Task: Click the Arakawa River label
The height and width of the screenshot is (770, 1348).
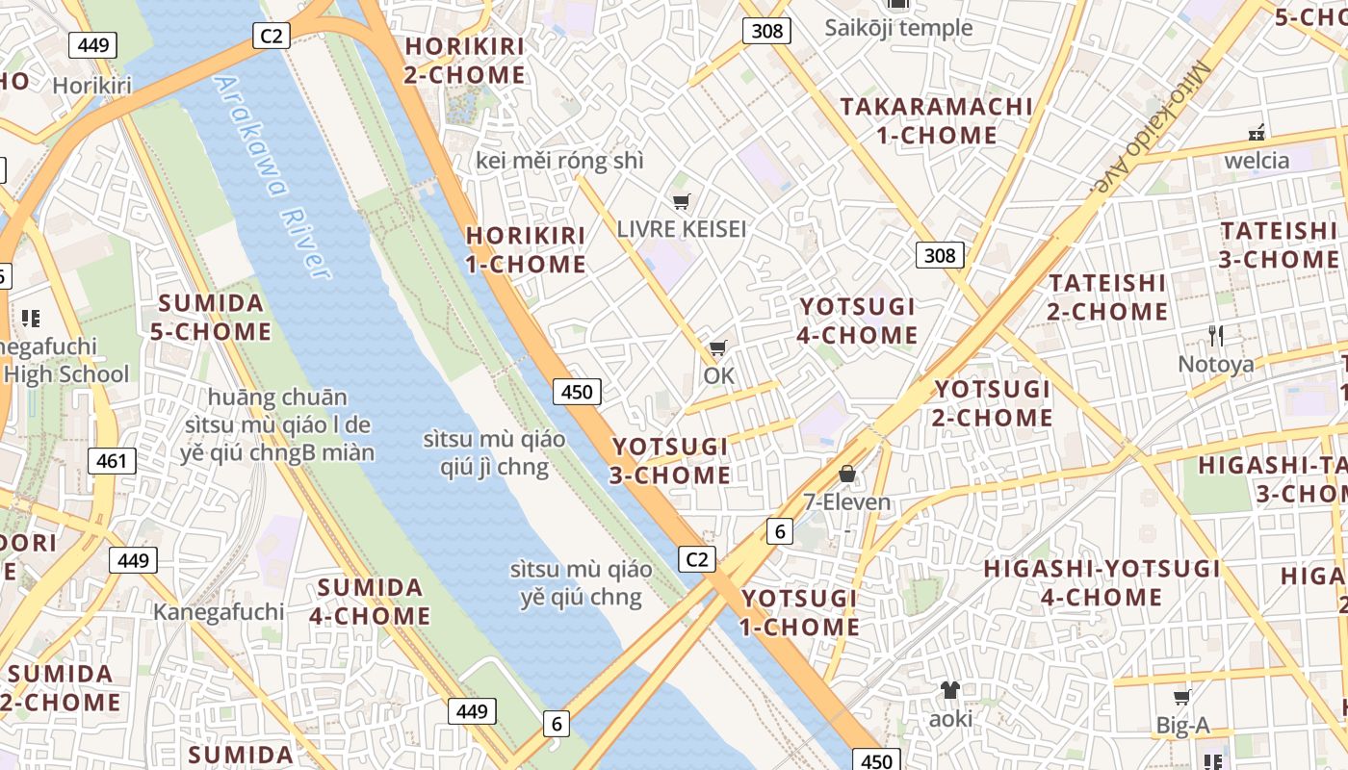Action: click(272, 178)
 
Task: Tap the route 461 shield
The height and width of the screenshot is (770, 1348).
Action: click(112, 461)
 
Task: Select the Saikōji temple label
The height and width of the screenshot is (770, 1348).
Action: click(898, 28)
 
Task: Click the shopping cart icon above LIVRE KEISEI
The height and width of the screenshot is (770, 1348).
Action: click(682, 201)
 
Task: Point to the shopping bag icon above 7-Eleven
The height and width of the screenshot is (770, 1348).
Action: click(847, 474)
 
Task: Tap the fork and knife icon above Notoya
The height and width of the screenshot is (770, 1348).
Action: click(1216, 336)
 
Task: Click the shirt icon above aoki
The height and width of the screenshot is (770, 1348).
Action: click(950, 690)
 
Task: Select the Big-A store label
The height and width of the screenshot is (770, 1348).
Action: click(1181, 726)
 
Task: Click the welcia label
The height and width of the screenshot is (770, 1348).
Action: click(1256, 160)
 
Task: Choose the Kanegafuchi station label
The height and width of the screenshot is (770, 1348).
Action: click(219, 612)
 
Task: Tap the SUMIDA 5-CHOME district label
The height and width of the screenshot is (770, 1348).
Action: click(211, 318)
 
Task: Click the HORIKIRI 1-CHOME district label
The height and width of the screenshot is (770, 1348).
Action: click(526, 250)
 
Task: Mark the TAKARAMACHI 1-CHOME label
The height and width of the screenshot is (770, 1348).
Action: click(936, 120)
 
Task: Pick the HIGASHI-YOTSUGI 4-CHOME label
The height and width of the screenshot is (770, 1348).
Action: click(1102, 583)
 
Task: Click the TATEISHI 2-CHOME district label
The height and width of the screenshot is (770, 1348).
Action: click(1107, 297)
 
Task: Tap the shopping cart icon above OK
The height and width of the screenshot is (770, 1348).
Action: click(717, 348)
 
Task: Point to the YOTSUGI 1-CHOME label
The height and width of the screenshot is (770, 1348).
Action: click(800, 613)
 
